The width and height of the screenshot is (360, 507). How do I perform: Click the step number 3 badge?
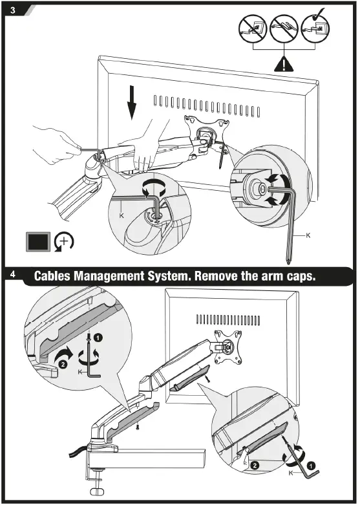[13, 10]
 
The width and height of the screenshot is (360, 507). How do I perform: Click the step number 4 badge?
[13, 274]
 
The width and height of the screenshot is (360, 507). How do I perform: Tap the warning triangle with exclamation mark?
[284, 63]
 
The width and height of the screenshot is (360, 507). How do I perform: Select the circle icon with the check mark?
[315, 27]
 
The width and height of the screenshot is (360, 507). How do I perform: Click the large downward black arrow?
[132, 102]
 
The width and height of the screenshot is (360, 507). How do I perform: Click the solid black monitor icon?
[38, 242]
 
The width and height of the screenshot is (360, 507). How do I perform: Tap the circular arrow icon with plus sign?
[63, 241]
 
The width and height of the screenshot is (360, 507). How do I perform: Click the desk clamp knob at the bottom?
[97, 490]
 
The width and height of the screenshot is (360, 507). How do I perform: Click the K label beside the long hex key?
[308, 235]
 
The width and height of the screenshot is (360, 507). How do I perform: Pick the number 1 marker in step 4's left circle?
[98, 338]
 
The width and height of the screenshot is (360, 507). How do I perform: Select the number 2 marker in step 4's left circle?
[63, 364]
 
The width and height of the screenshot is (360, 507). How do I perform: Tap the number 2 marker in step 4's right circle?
[255, 466]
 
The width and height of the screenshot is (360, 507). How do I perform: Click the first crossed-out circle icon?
[253, 28]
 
